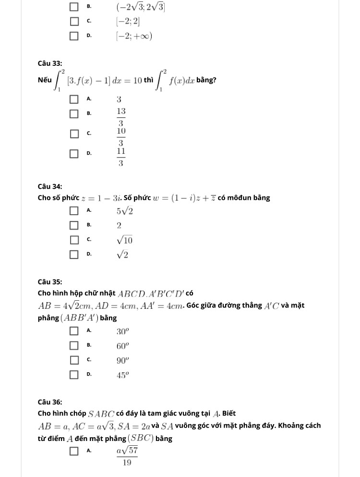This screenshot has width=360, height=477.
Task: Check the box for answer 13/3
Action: click(74, 114)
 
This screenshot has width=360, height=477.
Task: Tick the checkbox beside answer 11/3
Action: click(74, 154)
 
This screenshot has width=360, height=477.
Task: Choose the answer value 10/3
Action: click(121, 136)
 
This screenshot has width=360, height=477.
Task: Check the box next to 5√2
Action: click(74, 210)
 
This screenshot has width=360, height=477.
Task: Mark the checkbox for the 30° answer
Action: click(74, 330)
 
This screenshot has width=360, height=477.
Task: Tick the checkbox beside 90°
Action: click(74, 359)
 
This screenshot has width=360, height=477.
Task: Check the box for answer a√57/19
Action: click(74, 451)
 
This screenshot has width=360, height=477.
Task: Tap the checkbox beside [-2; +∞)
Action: click(74, 36)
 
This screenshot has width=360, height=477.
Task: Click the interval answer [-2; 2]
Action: click(127, 21)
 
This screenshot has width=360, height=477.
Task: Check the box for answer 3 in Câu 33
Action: click(74, 99)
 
